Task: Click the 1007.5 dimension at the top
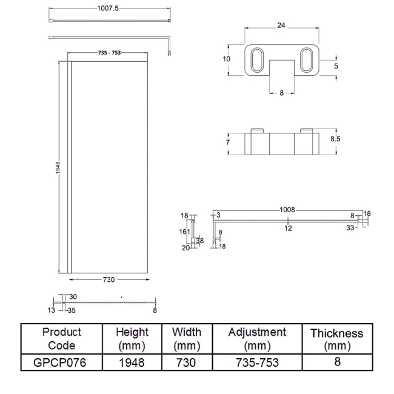pos(107,8)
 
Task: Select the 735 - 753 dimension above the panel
pos(109,53)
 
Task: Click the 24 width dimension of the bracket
pos(280,26)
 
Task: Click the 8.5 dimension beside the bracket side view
pos(335,139)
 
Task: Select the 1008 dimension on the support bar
pos(287,209)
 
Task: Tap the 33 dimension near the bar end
pos(350,228)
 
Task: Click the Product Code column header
pos(62,339)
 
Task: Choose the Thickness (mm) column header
pos(336,339)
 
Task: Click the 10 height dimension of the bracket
pos(226,59)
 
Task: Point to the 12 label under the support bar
pos(288,228)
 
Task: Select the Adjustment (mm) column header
pos(257,339)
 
